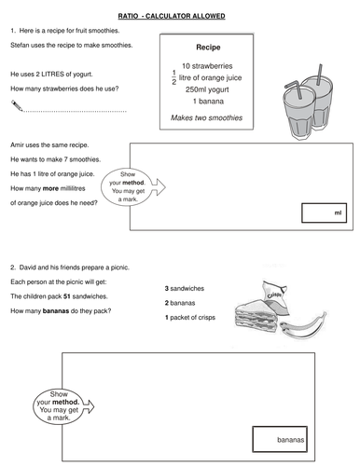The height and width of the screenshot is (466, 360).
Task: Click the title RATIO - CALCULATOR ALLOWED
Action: pos(172,16)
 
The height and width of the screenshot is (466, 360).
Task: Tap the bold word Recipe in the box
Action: pos(208,48)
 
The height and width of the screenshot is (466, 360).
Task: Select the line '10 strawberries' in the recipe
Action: pos(207,66)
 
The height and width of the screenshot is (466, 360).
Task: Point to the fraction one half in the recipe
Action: pos(173,77)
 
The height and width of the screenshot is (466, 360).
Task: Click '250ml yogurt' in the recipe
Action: pos(207,89)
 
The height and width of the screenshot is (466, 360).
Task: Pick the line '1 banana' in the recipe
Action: pos(208,102)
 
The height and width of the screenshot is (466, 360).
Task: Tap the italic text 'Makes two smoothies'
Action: pos(206,117)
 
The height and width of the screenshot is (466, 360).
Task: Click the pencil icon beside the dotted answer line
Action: pos(17,105)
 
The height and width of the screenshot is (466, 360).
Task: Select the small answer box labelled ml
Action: pos(324,212)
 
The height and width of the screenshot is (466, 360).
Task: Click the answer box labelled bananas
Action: pos(280,439)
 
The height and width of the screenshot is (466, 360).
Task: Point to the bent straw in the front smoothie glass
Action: pos(295,89)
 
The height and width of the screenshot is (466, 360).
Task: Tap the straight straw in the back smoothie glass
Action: pos(320,75)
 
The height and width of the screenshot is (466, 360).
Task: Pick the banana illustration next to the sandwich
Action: pos(303,325)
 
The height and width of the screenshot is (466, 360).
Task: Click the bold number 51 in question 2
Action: pos(67,296)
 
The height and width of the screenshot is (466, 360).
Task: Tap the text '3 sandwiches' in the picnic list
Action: pos(185,289)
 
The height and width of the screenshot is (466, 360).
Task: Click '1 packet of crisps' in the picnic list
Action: pos(190,318)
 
